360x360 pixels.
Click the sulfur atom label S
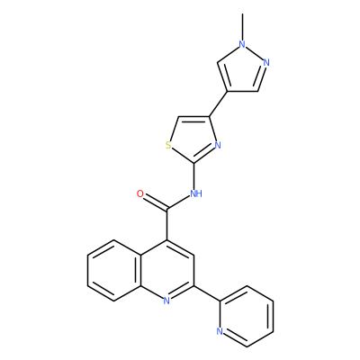coord(168,146)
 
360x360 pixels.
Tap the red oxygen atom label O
coord(140,193)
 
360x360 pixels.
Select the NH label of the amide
coord(196,193)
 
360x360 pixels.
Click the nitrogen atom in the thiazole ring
coord(218,146)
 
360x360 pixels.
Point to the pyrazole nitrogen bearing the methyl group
coord(242,45)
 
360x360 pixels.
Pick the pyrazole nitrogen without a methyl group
coord(266,63)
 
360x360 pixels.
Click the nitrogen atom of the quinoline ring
coord(166,301)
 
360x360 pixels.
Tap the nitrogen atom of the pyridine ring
coord(220,331)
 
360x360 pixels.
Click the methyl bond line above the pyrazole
coord(242,26)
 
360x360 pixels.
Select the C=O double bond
coord(156,202)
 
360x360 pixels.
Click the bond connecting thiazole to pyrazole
coord(218,103)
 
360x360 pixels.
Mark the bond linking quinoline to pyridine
coord(207,293)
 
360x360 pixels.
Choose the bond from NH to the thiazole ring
coord(193,175)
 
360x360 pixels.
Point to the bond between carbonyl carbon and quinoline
coord(166,224)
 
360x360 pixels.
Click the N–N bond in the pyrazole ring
coord(255,54)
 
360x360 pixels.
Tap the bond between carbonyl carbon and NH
coord(179,202)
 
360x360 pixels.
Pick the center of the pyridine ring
coord(247,316)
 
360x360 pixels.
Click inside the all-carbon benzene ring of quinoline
coord(114,270)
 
